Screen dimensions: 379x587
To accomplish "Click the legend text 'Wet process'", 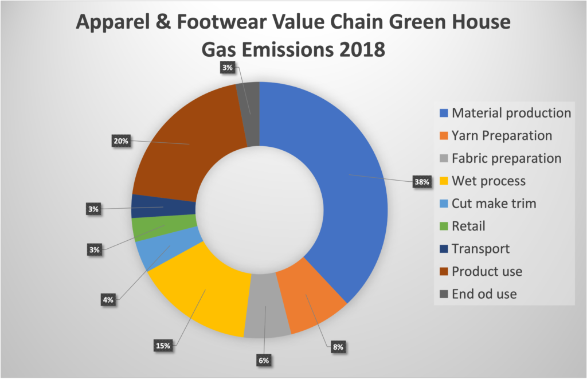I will pos(488,181).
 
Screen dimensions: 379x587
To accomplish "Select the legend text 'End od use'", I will pos(484,294).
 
